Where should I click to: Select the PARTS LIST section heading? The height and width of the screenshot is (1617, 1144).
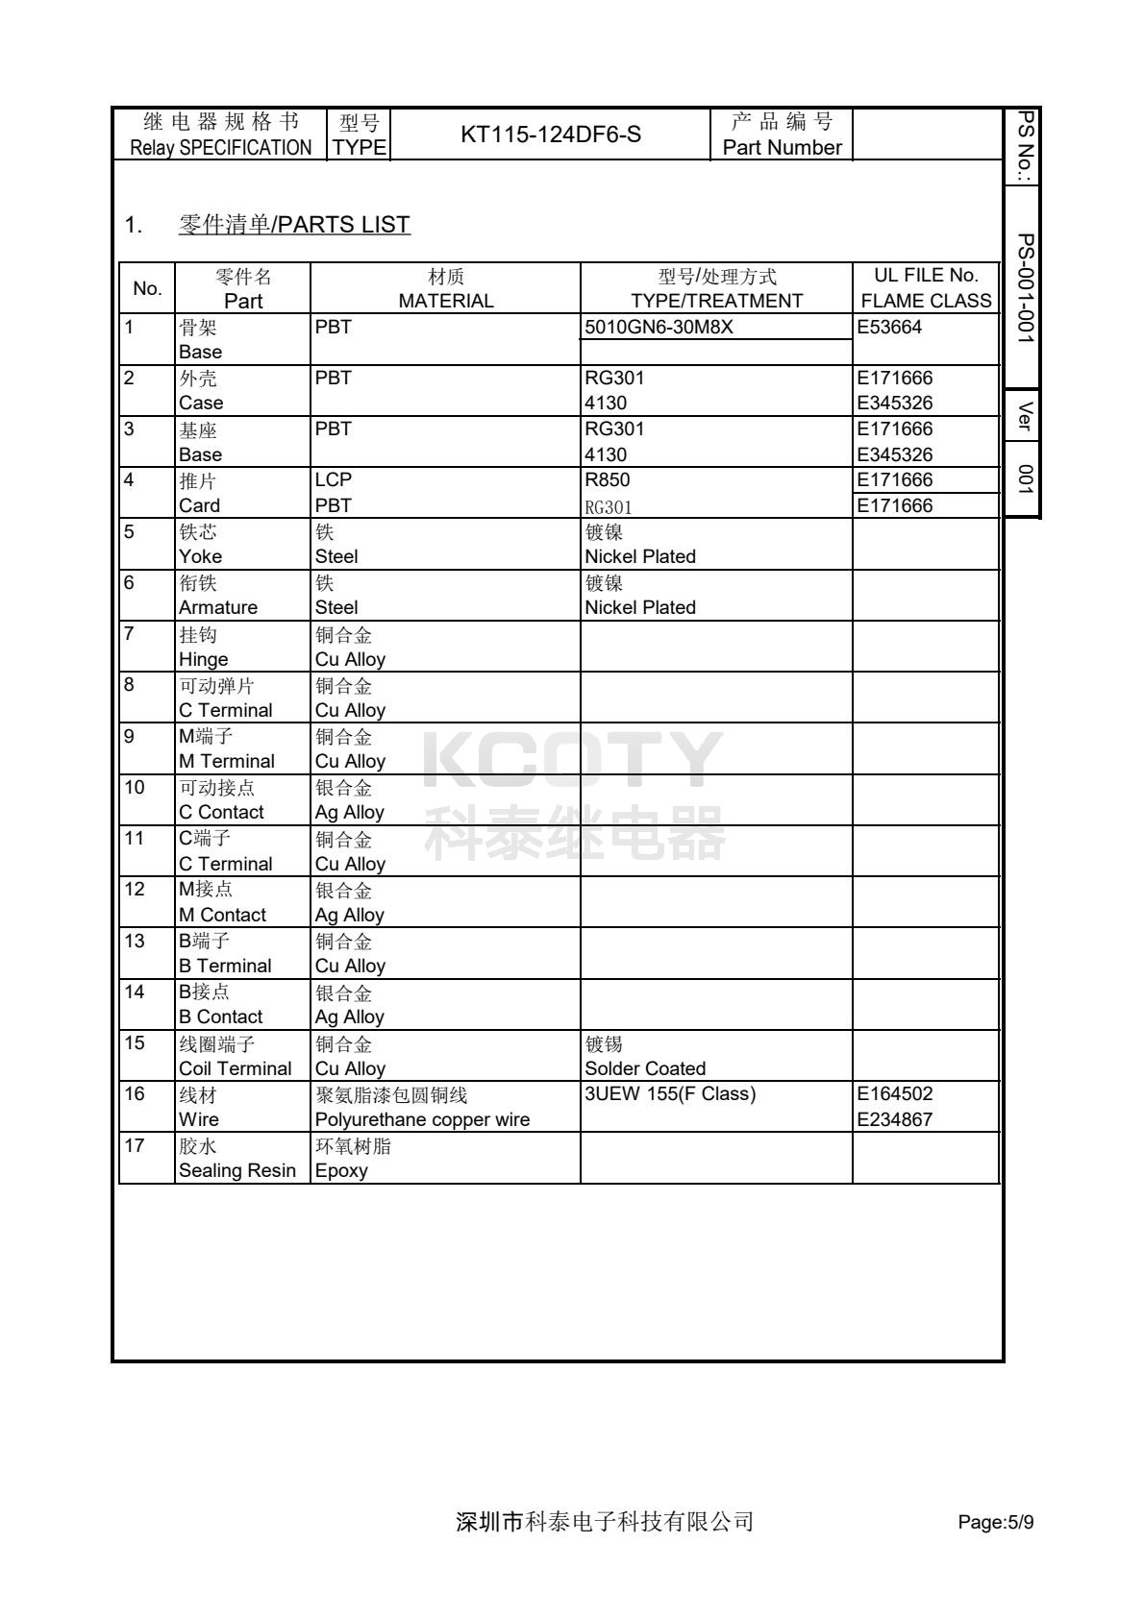(x=294, y=225)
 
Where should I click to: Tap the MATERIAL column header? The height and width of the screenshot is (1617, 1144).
(x=446, y=301)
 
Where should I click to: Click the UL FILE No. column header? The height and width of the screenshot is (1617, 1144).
(x=926, y=277)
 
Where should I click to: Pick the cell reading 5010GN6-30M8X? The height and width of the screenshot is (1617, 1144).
(x=659, y=327)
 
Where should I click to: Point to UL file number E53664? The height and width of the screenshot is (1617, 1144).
(x=889, y=327)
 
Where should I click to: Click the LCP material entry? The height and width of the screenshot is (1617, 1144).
(x=333, y=479)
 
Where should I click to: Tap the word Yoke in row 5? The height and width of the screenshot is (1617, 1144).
(x=200, y=556)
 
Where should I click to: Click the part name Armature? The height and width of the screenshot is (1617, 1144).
(x=218, y=607)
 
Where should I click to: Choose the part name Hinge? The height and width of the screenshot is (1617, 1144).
(x=203, y=659)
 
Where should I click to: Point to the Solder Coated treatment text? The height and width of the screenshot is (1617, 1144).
(x=645, y=1068)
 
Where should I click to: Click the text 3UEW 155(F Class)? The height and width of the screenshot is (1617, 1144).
(x=670, y=1093)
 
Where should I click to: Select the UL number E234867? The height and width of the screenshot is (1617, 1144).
(x=895, y=1119)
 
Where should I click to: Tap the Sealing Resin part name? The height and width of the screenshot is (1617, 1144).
(x=237, y=1170)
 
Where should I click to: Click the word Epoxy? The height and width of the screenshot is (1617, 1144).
(x=341, y=1170)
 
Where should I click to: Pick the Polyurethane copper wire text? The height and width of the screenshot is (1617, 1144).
(x=422, y=1119)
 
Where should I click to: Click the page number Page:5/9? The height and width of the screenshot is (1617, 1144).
(x=996, y=1522)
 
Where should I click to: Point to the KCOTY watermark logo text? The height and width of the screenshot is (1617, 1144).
(x=573, y=761)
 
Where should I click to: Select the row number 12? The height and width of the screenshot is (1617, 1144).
(x=135, y=889)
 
